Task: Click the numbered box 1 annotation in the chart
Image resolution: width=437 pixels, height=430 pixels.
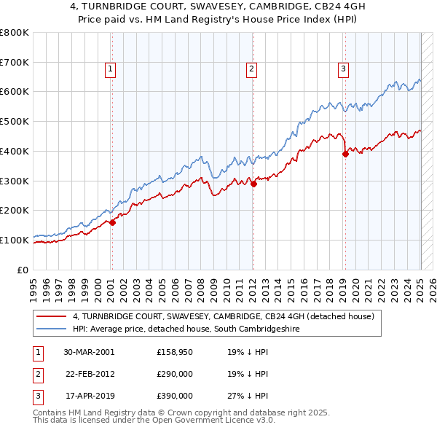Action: pyautogui.click(x=110, y=70)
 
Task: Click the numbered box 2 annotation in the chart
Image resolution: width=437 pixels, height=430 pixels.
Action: pyautogui.click(x=251, y=70)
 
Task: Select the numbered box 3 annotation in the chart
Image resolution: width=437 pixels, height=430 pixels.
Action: pyautogui.click(x=343, y=70)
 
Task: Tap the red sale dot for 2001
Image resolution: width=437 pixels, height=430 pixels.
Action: pyautogui.click(x=113, y=223)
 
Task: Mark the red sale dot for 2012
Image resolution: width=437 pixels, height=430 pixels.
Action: pyautogui.click(x=253, y=184)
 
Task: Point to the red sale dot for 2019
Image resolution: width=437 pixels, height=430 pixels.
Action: pyautogui.click(x=345, y=154)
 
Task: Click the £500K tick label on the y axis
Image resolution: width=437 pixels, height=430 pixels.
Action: pyautogui.click(x=15, y=122)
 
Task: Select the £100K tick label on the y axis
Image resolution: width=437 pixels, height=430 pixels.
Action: pyautogui.click(x=15, y=240)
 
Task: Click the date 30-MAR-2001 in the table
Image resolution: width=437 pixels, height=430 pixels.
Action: pyautogui.click(x=89, y=352)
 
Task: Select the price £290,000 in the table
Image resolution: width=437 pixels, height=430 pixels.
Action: pyautogui.click(x=175, y=374)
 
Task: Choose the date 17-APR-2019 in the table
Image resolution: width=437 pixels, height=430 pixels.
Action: pyautogui.click(x=89, y=396)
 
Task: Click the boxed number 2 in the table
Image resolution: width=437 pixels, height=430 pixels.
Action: pyautogui.click(x=37, y=374)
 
